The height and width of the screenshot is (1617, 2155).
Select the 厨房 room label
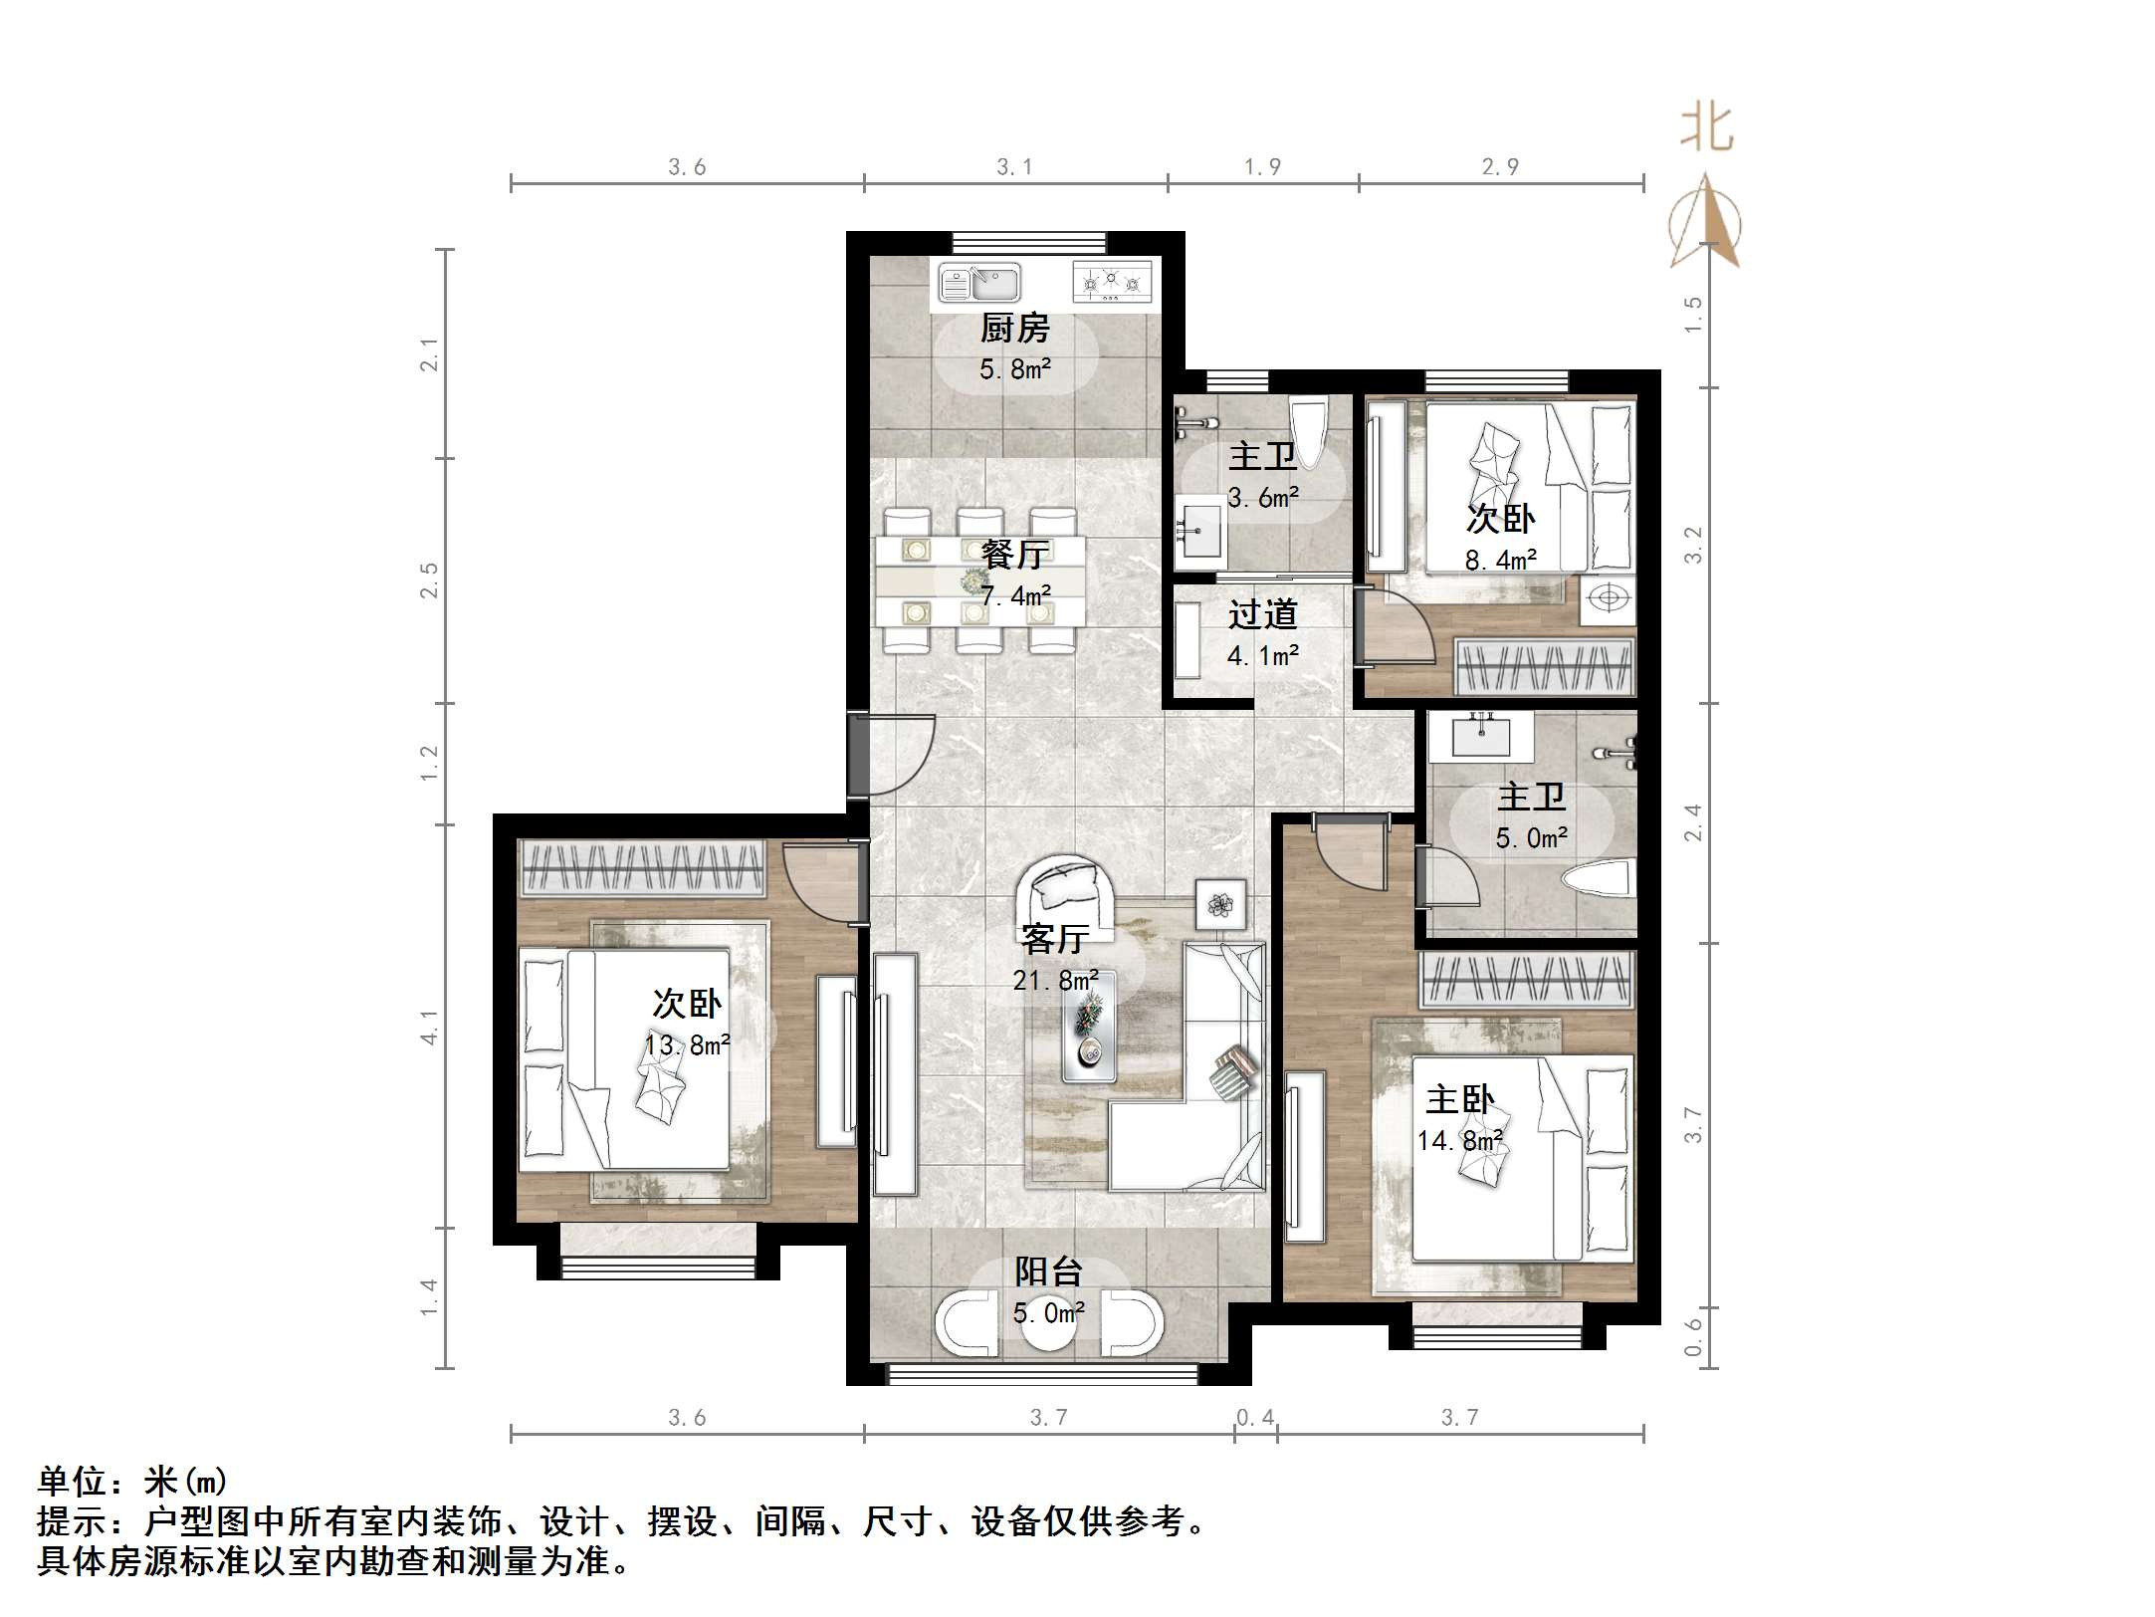point(1014,328)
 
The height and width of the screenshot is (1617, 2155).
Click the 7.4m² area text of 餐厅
point(1015,596)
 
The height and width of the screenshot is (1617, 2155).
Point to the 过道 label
point(1262,614)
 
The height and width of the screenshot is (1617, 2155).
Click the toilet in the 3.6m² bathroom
point(1307,431)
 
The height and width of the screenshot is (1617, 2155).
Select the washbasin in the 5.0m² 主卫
point(1480,736)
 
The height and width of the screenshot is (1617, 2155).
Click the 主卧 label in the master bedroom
point(1459,1099)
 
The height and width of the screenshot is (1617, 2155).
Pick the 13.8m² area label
point(687,1045)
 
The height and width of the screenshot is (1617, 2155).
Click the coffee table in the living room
point(1088,1027)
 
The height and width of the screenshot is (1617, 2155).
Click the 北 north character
point(1706,128)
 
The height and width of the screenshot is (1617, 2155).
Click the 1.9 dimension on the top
point(1262,167)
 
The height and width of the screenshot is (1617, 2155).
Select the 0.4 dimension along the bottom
point(1254,1416)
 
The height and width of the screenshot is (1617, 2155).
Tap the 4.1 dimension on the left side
point(429,1026)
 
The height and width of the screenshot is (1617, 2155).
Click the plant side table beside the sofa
point(1220,904)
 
